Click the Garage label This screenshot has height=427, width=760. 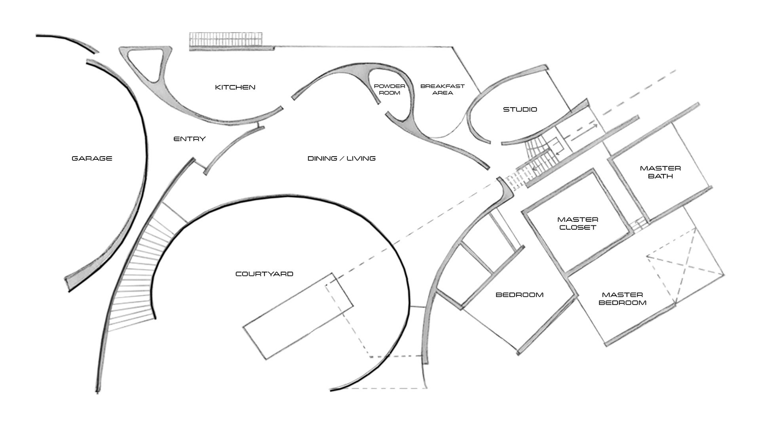(x=92, y=159)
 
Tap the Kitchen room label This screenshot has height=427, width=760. (x=235, y=87)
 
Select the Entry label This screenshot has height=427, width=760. (x=190, y=139)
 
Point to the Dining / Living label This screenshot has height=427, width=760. (x=341, y=159)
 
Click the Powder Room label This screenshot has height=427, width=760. (x=389, y=89)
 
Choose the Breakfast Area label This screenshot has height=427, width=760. (x=442, y=89)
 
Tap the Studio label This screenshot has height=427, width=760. (x=520, y=110)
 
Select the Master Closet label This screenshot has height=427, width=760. (x=578, y=223)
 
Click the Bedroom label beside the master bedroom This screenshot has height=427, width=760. (x=519, y=295)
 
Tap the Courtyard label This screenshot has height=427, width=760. (x=264, y=274)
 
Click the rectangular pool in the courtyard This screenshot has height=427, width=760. (x=297, y=316)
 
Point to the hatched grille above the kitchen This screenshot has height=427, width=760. (x=226, y=40)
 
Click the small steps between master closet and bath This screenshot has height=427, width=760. (x=638, y=226)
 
